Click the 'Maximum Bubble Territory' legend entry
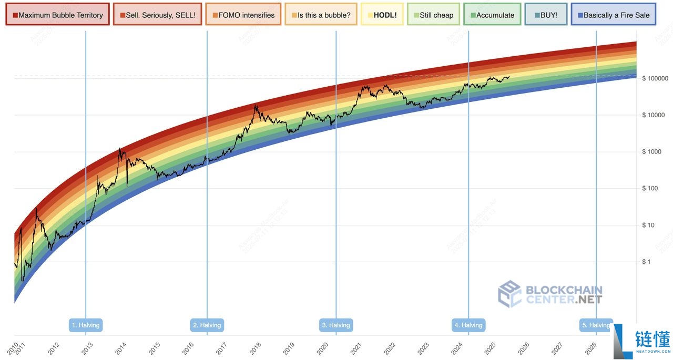58,15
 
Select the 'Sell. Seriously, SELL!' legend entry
158,15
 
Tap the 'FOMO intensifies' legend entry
243,15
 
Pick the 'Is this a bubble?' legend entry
321,15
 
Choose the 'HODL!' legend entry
382,15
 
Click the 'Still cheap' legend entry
433,15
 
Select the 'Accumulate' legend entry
492,15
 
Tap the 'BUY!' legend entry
546,15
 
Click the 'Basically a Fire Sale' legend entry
613,15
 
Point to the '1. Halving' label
86,325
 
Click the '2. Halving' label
207,325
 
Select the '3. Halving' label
336,325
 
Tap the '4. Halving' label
468,325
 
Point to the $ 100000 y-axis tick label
655,78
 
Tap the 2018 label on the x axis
254,347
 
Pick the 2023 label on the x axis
422,347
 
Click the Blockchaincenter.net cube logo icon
509,293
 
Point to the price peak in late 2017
256,106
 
